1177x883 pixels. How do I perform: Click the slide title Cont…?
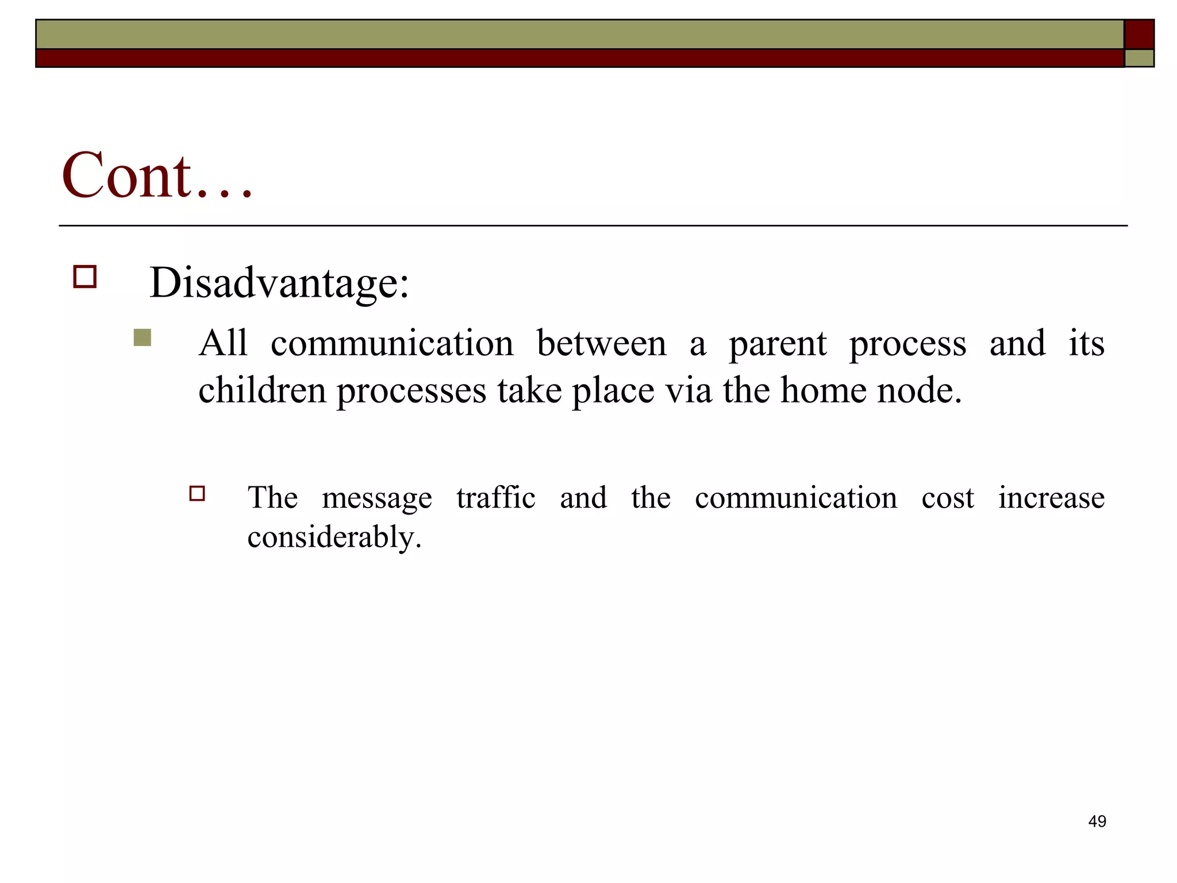[x=157, y=175]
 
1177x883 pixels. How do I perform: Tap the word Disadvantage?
[x=279, y=282]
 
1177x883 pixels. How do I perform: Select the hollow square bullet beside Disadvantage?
[x=85, y=277]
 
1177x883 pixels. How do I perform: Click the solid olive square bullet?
[x=143, y=337]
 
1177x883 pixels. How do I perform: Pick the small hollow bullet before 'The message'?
[x=197, y=494]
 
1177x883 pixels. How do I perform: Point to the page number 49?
[x=1097, y=821]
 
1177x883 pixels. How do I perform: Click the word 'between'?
[x=601, y=344]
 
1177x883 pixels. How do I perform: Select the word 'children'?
[x=262, y=390]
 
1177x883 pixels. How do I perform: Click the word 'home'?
[x=823, y=390]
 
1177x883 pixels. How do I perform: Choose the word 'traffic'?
[x=496, y=497]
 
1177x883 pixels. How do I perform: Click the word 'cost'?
[x=948, y=498]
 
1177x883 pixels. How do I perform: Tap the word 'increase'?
[x=1051, y=497]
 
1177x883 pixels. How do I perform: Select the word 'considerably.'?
[x=334, y=537]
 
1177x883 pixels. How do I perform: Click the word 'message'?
[x=377, y=498]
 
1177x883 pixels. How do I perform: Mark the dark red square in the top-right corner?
[x=1139, y=34]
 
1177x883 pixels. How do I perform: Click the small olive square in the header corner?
[x=1139, y=58]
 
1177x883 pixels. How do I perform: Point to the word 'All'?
[x=223, y=343]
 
